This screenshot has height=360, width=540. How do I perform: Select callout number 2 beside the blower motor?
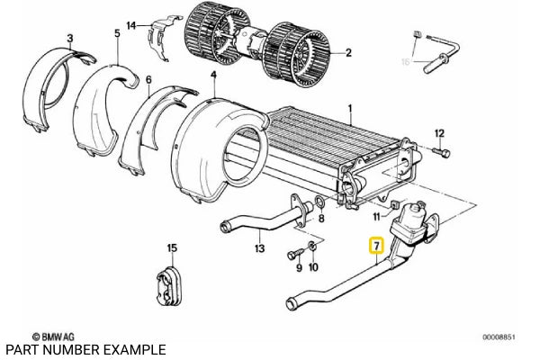pos(347,53)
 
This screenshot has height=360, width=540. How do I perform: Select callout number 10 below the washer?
pos(314,267)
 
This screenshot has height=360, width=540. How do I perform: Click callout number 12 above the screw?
pos(439,134)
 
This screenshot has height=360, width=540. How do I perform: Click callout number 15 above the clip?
pos(172,246)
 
